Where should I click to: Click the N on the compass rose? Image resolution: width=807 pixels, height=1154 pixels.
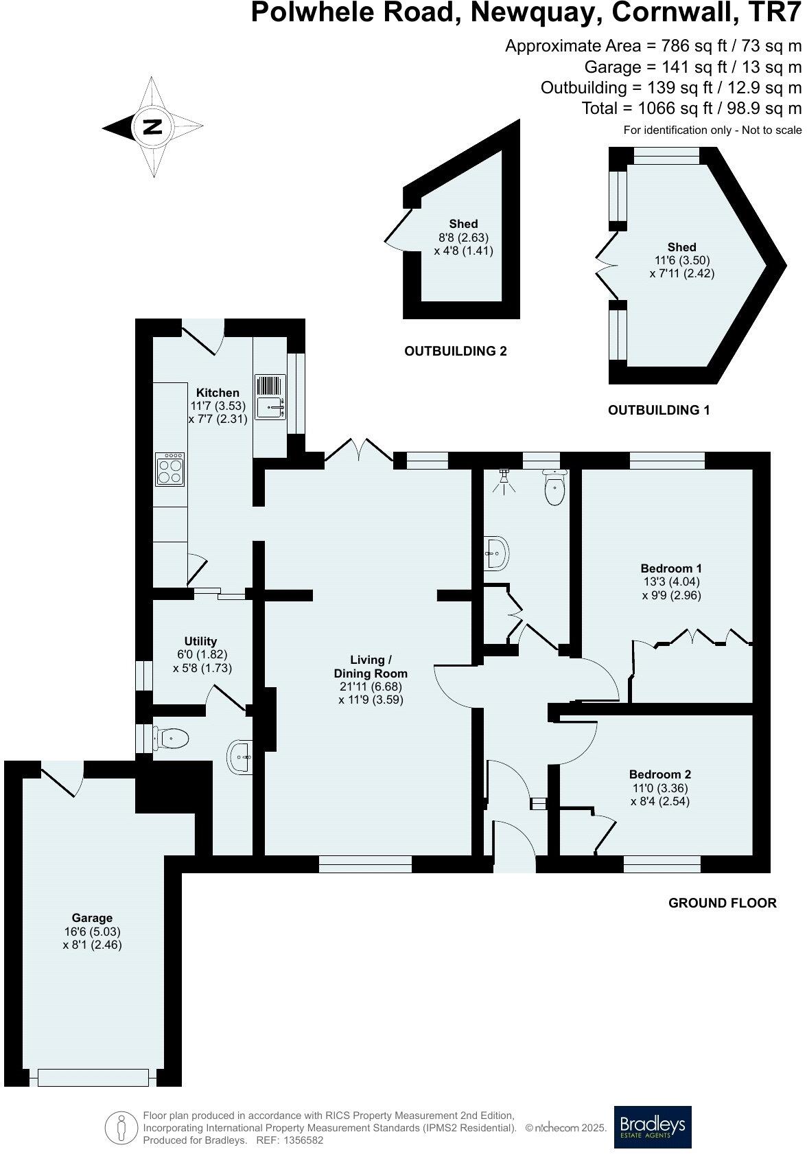pos(152,127)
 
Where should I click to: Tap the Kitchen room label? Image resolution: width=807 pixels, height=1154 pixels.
pos(218,393)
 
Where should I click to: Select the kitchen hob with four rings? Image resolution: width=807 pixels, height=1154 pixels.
pos(169,469)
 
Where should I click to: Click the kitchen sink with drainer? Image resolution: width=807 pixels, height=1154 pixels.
pos(270,397)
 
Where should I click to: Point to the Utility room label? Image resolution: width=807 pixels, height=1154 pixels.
pos(200,641)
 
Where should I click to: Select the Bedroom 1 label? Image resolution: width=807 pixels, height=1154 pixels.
pos(670,568)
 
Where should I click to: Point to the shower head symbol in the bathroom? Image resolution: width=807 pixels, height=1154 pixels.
pos(504,478)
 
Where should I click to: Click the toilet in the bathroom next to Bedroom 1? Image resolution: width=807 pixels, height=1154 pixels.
pos(554,487)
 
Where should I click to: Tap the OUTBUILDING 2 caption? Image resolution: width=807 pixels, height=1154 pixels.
pos(455,351)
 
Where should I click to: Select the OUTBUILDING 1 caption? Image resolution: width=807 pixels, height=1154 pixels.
pos(658,411)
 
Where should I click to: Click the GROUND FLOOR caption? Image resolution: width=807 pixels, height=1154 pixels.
pos(722,903)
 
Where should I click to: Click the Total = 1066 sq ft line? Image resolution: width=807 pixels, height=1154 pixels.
pos(691,108)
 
